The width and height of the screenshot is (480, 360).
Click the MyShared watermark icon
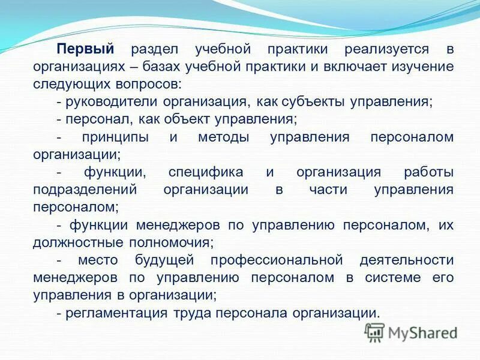tap(374, 331)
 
